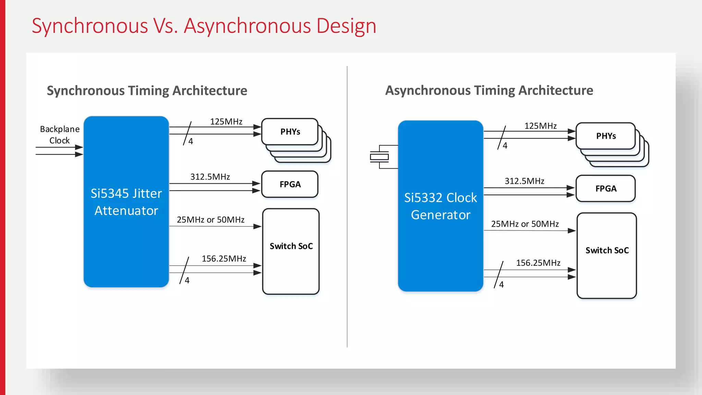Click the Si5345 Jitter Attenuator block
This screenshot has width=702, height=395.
(x=126, y=202)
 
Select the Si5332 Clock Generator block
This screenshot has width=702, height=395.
(x=440, y=206)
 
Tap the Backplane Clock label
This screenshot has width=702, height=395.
(x=60, y=134)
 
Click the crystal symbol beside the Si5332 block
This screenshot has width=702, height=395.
(x=379, y=157)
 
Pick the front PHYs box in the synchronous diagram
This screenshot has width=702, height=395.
(x=290, y=132)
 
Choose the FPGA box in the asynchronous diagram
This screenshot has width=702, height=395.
(x=606, y=189)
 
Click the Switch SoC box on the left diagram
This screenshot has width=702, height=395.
(x=291, y=251)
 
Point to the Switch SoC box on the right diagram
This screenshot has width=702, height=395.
(x=607, y=255)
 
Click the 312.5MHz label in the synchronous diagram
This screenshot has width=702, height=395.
(x=210, y=177)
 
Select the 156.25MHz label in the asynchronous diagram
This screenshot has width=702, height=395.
(x=538, y=263)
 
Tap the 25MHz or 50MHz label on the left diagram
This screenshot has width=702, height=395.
(x=210, y=220)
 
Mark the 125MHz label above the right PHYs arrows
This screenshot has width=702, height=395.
(x=541, y=126)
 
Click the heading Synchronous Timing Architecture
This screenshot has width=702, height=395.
(x=147, y=91)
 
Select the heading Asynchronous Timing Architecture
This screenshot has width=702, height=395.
(x=489, y=91)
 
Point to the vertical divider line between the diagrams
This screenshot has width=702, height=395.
(x=347, y=206)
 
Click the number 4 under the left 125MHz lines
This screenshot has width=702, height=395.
(x=191, y=141)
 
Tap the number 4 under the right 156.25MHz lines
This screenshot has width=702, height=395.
(x=501, y=285)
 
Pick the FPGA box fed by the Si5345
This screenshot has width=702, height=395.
(x=290, y=184)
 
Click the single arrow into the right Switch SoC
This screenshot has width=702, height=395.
(x=530, y=231)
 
